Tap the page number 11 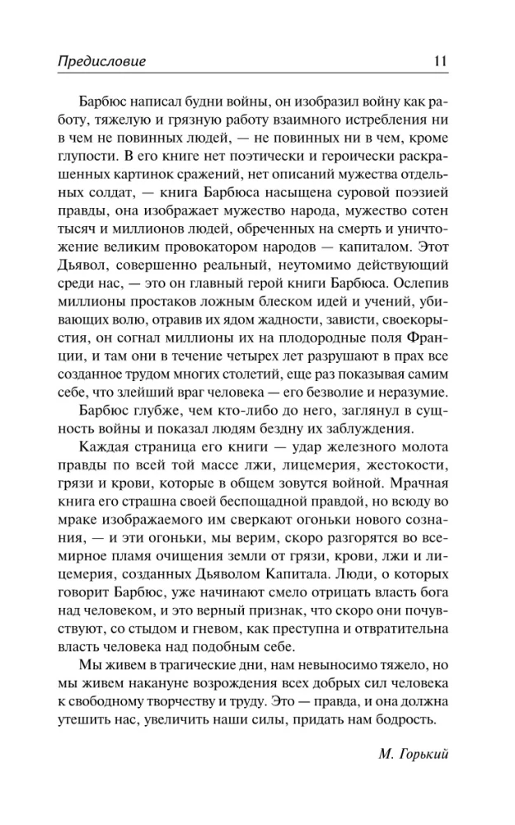pos(438,60)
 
